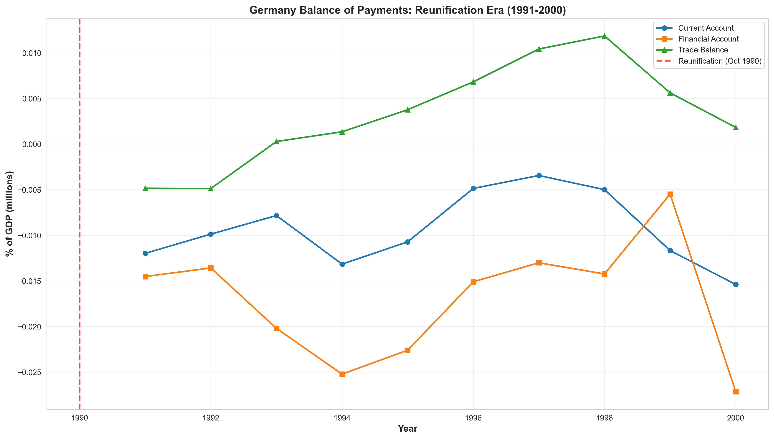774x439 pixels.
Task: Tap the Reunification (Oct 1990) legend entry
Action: click(709, 61)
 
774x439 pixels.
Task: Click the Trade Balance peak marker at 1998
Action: click(604, 36)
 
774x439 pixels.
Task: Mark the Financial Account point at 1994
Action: click(342, 374)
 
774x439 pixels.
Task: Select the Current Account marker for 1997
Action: click(539, 176)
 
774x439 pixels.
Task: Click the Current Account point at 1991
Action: click(145, 253)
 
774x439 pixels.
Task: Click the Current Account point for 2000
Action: click(736, 284)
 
